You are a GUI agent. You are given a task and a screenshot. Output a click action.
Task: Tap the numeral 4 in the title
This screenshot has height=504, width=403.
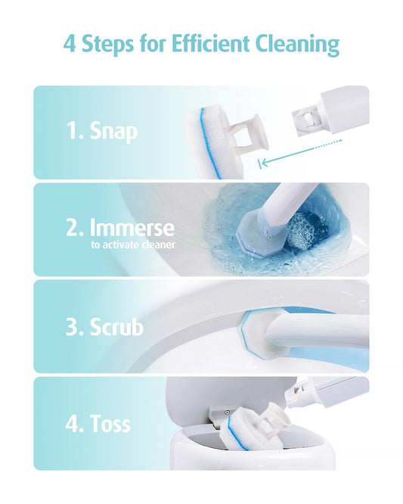70,44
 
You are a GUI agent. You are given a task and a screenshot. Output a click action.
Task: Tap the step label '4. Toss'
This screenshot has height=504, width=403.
98,423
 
